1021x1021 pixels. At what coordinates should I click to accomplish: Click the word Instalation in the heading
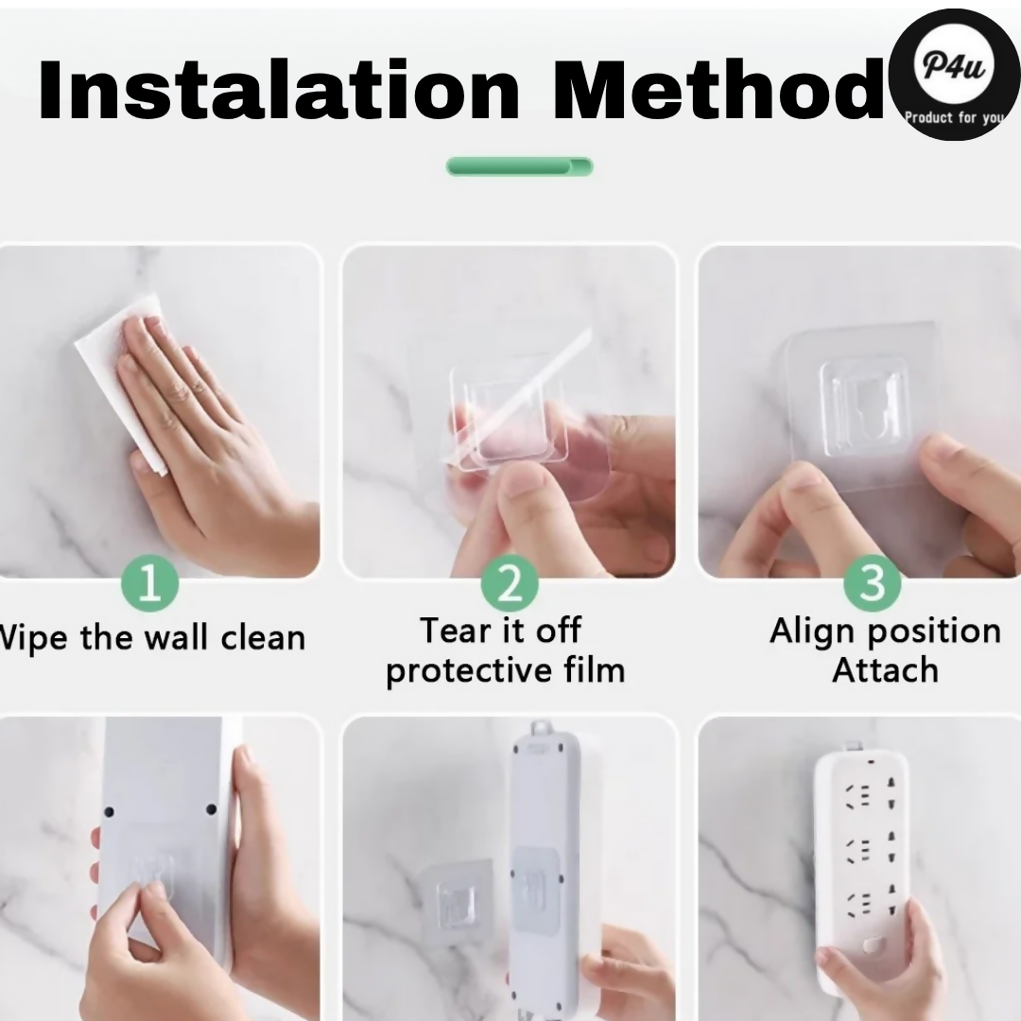coord(279,90)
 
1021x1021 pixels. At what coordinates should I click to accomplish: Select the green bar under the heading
coord(519,166)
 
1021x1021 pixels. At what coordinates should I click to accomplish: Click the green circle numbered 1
coord(149,582)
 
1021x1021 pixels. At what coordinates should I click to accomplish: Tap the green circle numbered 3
coord(872,582)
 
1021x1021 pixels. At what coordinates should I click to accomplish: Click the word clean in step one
coord(263,638)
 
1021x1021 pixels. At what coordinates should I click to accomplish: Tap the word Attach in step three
coord(886,670)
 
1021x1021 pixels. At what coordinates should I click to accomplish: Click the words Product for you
coord(955,118)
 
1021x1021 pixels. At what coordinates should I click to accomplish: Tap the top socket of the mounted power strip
coord(870,797)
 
